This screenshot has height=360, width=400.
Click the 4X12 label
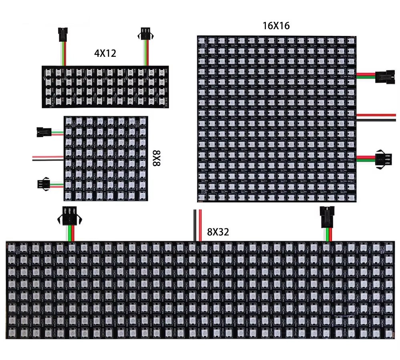coord(105,53)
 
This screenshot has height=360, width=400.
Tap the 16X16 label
coord(276,26)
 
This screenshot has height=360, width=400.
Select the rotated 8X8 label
coord(157,158)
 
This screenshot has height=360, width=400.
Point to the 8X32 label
coord(218,232)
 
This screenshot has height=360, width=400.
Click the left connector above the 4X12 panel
coord(63,34)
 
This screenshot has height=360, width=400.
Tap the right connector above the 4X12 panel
coord(146,34)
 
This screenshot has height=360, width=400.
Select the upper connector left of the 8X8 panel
coord(44,132)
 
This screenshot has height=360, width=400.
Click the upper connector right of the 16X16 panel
coord(385,77)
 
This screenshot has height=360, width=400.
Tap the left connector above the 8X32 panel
coord(69,216)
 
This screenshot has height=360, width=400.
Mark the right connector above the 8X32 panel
coord(327,217)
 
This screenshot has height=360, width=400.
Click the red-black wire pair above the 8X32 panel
coord(197,225)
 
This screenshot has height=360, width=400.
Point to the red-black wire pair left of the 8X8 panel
coord(48,158)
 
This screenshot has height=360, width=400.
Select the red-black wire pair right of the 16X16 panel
coord(376,117)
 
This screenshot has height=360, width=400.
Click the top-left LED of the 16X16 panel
coord(201,41)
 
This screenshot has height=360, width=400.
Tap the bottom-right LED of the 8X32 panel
coord(388,332)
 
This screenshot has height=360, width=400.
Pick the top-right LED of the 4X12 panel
coord(161,73)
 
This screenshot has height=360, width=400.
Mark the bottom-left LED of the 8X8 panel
coord(68,196)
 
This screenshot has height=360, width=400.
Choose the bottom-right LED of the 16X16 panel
coord(351,197)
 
